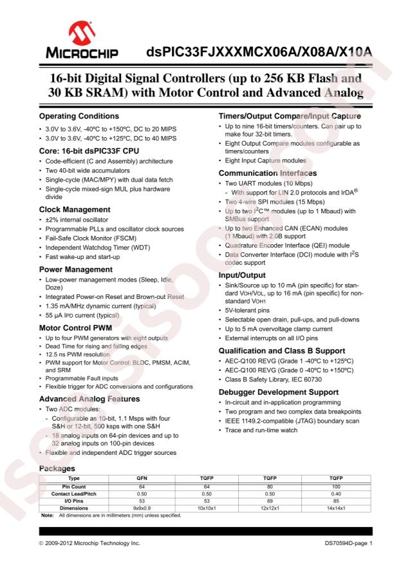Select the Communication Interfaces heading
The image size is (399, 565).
pyautogui.click(x=266, y=173)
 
